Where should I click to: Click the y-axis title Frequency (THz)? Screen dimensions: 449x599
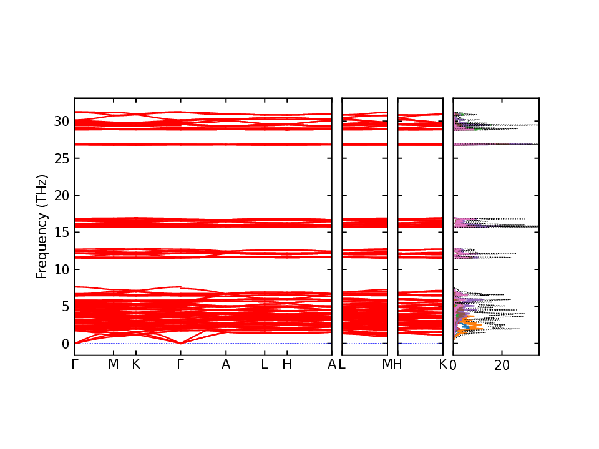click(x=42, y=226)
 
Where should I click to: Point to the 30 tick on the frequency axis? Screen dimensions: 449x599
click(x=60, y=122)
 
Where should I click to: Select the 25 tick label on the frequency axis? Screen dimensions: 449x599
click(x=60, y=158)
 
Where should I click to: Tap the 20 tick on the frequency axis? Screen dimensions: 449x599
click(x=60, y=196)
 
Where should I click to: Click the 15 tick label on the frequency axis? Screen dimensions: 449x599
click(x=60, y=233)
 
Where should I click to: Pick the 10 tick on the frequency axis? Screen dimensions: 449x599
click(x=60, y=269)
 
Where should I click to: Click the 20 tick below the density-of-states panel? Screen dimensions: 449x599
click(x=502, y=365)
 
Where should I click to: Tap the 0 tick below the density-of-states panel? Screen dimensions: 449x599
click(x=454, y=365)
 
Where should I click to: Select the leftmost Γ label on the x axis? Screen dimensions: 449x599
click(x=75, y=364)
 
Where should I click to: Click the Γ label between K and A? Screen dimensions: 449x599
click(x=180, y=364)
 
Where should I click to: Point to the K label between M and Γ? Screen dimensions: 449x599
click(x=135, y=364)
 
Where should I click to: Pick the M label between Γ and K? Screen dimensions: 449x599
click(x=113, y=364)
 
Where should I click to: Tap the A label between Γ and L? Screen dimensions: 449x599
click(x=226, y=364)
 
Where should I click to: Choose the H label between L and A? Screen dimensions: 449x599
click(x=286, y=364)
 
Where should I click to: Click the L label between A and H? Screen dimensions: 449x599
click(x=264, y=364)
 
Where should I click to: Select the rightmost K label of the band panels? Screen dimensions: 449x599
click(x=443, y=364)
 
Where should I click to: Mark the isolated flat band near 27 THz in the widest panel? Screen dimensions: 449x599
click(x=203, y=145)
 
